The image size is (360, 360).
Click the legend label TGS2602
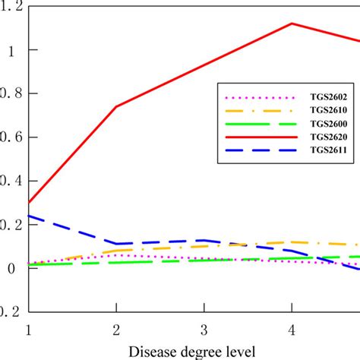tap(328, 97)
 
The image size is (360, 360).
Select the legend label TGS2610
tap(328, 111)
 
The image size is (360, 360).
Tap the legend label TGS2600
tap(328, 125)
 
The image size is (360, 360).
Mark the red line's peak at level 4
tap(292, 24)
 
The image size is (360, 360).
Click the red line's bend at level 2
tap(116, 106)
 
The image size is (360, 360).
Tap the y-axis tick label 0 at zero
tap(11, 268)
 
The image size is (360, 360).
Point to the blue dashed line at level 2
tap(116, 244)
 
